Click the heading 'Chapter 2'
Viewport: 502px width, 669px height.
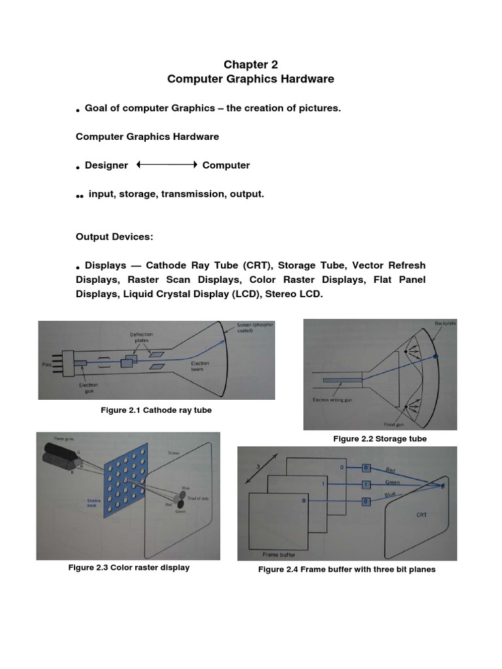click(x=250, y=64)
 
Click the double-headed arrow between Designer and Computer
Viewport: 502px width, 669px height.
click(x=167, y=165)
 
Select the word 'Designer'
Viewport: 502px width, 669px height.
click(x=107, y=165)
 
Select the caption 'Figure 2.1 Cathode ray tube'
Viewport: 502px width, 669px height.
click(x=156, y=410)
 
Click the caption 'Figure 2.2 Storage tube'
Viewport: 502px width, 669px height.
click(x=380, y=438)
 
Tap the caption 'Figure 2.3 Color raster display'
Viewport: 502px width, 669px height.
click(x=129, y=567)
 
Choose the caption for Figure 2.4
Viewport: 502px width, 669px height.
click(x=346, y=569)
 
